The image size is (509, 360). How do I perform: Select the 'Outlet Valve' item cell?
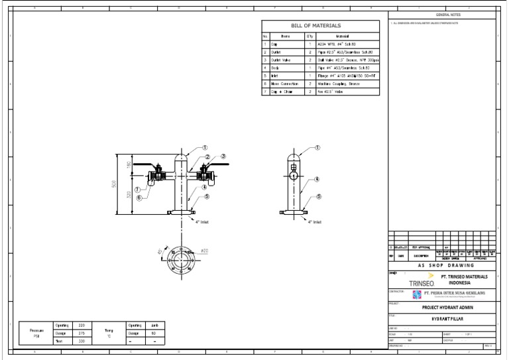[x=286, y=60]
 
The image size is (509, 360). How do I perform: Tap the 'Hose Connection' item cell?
[x=286, y=84]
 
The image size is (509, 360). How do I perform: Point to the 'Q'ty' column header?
[x=310, y=36]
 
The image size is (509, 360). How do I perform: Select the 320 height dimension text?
[x=128, y=194]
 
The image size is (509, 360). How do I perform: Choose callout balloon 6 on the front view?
[x=139, y=198]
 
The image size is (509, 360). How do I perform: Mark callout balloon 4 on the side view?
[x=317, y=179]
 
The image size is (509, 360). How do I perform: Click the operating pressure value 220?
[x=82, y=326]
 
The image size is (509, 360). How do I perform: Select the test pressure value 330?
[x=82, y=341]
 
